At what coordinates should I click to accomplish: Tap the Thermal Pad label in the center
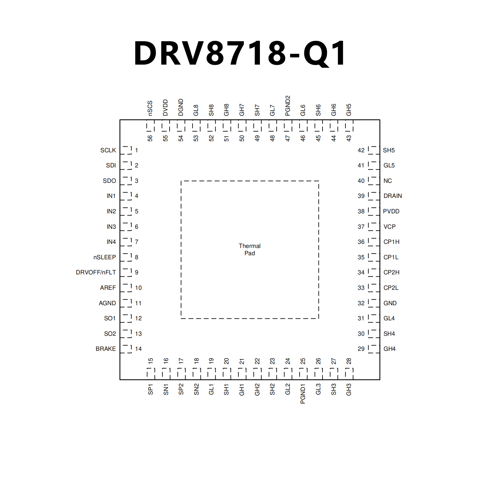(250, 250)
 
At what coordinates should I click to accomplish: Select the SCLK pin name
(108, 150)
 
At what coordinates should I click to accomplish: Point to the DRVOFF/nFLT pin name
(96, 272)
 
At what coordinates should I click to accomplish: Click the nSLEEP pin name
(104, 257)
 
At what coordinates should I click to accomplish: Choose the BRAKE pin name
(106, 349)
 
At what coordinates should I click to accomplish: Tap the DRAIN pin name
(392, 196)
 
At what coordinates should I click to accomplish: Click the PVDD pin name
(391, 211)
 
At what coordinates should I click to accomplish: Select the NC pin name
(387, 181)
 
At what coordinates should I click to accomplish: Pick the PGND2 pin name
(288, 106)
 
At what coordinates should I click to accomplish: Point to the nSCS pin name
(150, 108)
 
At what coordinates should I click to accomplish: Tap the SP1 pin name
(150, 389)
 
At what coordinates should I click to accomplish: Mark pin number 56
(150, 138)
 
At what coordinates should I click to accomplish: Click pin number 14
(138, 349)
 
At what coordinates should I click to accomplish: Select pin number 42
(361, 150)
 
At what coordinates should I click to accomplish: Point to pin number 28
(349, 361)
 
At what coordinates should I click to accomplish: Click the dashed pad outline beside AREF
(126, 288)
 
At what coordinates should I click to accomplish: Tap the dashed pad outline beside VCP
(373, 227)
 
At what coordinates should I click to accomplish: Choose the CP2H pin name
(391, 272)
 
